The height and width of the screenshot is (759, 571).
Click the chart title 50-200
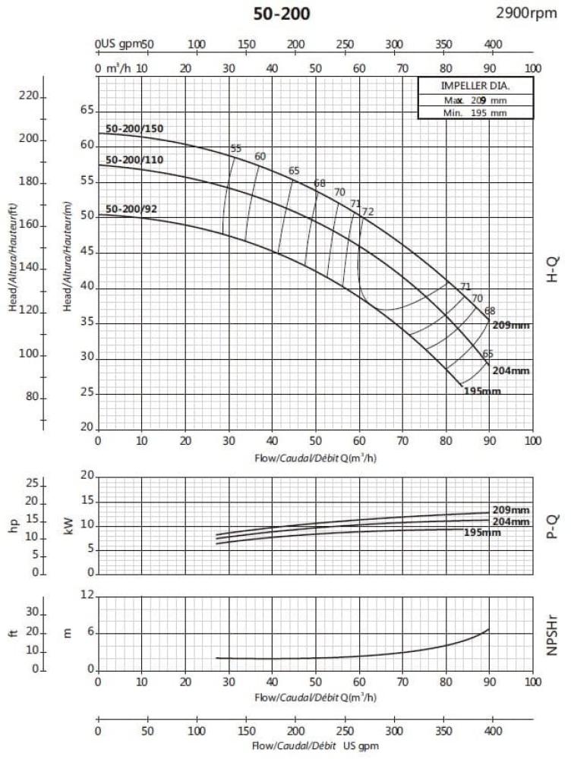click(281, 14)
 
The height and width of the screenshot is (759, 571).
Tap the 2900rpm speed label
click(527, 13)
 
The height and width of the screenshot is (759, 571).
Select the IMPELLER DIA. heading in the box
click(475, 86)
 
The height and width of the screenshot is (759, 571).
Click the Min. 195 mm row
click(475, 113)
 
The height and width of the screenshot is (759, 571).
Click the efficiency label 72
click(368, 212)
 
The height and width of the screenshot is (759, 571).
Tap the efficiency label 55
click(235, 149)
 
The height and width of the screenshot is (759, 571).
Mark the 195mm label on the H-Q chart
click(482, 391)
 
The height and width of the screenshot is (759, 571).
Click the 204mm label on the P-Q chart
click(511, 521)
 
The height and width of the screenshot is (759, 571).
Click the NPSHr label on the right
click(554, 634)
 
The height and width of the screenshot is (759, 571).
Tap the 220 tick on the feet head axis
click(27, 96)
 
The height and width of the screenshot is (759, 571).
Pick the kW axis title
click(70, 525)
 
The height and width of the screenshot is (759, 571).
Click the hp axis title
click(13, 525)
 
